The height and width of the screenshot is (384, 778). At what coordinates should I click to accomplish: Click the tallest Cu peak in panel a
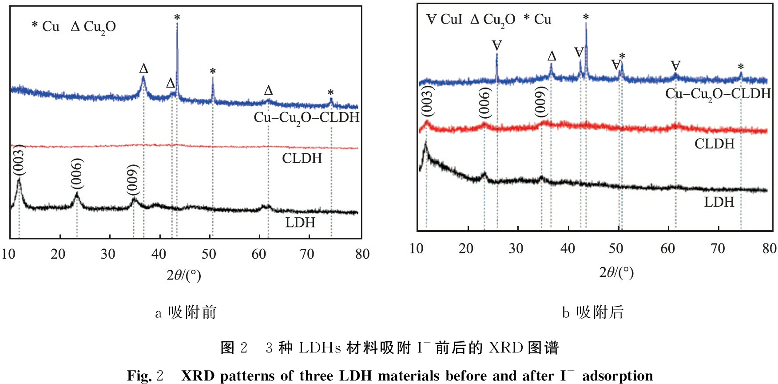pos(177,27)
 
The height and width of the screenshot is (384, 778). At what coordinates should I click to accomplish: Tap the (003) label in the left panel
pos(18,160)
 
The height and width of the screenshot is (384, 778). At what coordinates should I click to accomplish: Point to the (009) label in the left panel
pos(133,179)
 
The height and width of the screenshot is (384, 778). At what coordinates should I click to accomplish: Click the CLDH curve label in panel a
pos(302,158)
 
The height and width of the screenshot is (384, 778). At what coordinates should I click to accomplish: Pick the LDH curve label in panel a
pos(300,222)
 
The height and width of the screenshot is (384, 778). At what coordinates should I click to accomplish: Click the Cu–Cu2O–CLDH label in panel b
pos(718,94)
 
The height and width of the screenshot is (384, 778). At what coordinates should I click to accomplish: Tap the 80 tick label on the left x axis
pos(362,254)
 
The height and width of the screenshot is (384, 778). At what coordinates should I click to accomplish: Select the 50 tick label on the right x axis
pos(616,248)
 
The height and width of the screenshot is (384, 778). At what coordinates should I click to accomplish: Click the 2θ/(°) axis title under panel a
pos(184,276)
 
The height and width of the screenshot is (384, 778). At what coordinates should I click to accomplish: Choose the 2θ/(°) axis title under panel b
pos(616,272)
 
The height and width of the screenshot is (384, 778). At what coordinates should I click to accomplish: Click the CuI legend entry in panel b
pos(445,19)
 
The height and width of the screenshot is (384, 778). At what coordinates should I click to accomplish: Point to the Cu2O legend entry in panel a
pos(94,27)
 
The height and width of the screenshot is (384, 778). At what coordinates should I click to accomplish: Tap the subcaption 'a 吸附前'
pos(186,312)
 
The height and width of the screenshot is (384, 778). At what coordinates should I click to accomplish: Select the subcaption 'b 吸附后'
pos(593,312)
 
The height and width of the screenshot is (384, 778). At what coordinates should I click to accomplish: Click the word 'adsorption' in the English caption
pos(617,376)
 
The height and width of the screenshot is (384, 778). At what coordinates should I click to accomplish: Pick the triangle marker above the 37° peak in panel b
pos(552,56)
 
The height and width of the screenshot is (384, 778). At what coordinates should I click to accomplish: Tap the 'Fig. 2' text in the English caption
pos(145,376)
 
